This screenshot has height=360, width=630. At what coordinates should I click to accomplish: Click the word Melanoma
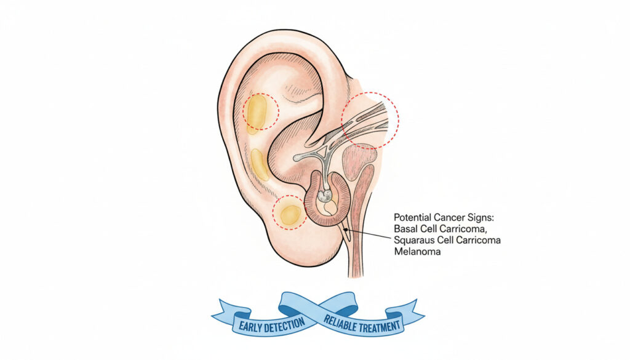tap(417, 252)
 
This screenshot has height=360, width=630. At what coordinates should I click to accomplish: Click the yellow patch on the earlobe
tap(290, 214)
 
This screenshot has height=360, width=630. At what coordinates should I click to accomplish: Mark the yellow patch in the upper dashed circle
tap(257, 114)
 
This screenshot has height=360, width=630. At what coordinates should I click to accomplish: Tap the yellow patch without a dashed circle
tap(260, 164)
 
